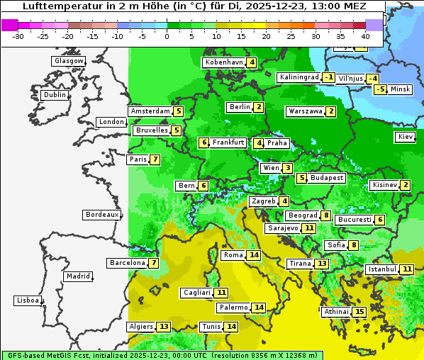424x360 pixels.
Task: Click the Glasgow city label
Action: coord(68,61)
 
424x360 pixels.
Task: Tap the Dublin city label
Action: coord(55,95)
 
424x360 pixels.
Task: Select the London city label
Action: coord(111,122)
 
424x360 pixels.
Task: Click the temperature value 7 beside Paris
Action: coord(155,159)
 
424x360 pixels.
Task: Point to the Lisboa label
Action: coord(27,300)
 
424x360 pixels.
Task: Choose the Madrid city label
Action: coord(78,276)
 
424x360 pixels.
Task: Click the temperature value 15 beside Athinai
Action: coord(359,312)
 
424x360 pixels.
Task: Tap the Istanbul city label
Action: coord(381,269)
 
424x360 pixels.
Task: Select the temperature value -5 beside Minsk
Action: coord(381,89)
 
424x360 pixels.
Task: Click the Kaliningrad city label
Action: coord(299,77)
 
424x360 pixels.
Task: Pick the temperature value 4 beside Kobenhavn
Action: coord(252,62)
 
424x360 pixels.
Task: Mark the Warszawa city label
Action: coord(305,111)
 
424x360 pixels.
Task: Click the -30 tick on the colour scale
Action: coord(18,36)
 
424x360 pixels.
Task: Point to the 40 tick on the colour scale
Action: coord(365,36)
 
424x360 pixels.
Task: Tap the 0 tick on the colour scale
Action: coord(167,36)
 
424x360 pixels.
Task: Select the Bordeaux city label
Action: coord(101,215)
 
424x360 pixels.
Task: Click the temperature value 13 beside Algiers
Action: coord(164,327)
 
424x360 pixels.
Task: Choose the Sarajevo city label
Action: coord(283,228)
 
